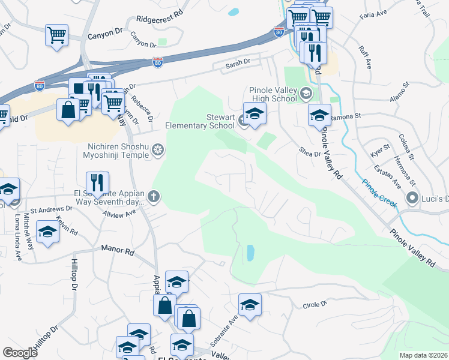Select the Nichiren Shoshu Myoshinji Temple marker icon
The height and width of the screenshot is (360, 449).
[158, 149]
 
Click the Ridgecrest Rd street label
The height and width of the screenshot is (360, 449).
[158, 19]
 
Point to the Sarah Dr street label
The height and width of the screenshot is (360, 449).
[237, 62]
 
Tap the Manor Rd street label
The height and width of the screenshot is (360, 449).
[117, 247]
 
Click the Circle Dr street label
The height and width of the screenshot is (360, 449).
[315, 305]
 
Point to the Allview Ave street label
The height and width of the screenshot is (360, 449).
[119, 214]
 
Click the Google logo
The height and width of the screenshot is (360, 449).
[20, 353]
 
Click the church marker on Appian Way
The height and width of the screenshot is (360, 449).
[154, 196]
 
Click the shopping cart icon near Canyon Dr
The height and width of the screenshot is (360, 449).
[56, 34]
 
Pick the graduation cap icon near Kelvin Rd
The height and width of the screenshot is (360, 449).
[48, 231]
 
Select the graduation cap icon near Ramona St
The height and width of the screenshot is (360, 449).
[319, 114]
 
